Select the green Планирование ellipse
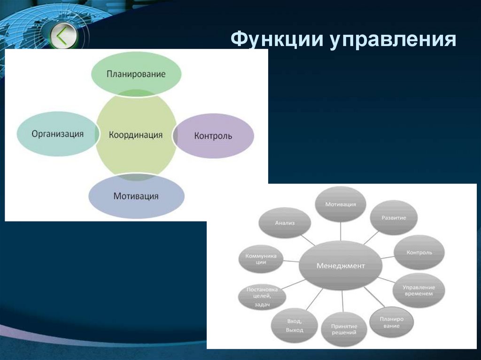136,74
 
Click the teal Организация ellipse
58,134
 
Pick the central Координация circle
136,135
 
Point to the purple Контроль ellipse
214,136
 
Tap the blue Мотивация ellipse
136,196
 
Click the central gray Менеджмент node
341,266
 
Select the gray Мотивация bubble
341,205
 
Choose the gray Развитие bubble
394,218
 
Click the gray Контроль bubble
419,252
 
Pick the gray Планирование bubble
391,322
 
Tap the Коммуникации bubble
261,259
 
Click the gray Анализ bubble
285,223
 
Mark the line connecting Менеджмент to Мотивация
341,231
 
